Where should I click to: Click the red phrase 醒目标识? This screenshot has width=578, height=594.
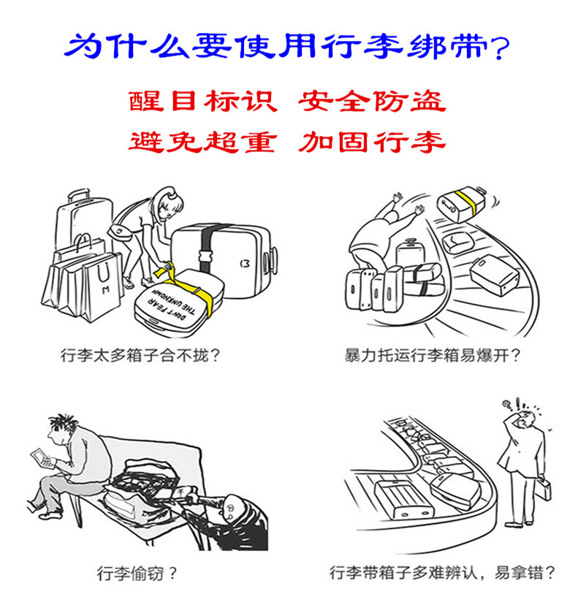pyautogui.click(x=202, y=102)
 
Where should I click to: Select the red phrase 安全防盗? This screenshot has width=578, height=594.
pyautogui.click(x=371, y=102)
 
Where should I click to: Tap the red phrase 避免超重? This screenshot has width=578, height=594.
pyautogui.click(x=202, y=140)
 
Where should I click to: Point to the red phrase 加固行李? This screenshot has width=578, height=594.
pyautogui.click(x=371, y=140)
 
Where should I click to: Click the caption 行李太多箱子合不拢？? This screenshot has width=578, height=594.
pyautogui.click(x=140, y=357)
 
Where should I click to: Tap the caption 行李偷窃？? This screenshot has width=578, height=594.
pyautogui.click(x=137, y=572)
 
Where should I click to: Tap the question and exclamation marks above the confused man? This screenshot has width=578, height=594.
pyautogui.click(x=509, y=404)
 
